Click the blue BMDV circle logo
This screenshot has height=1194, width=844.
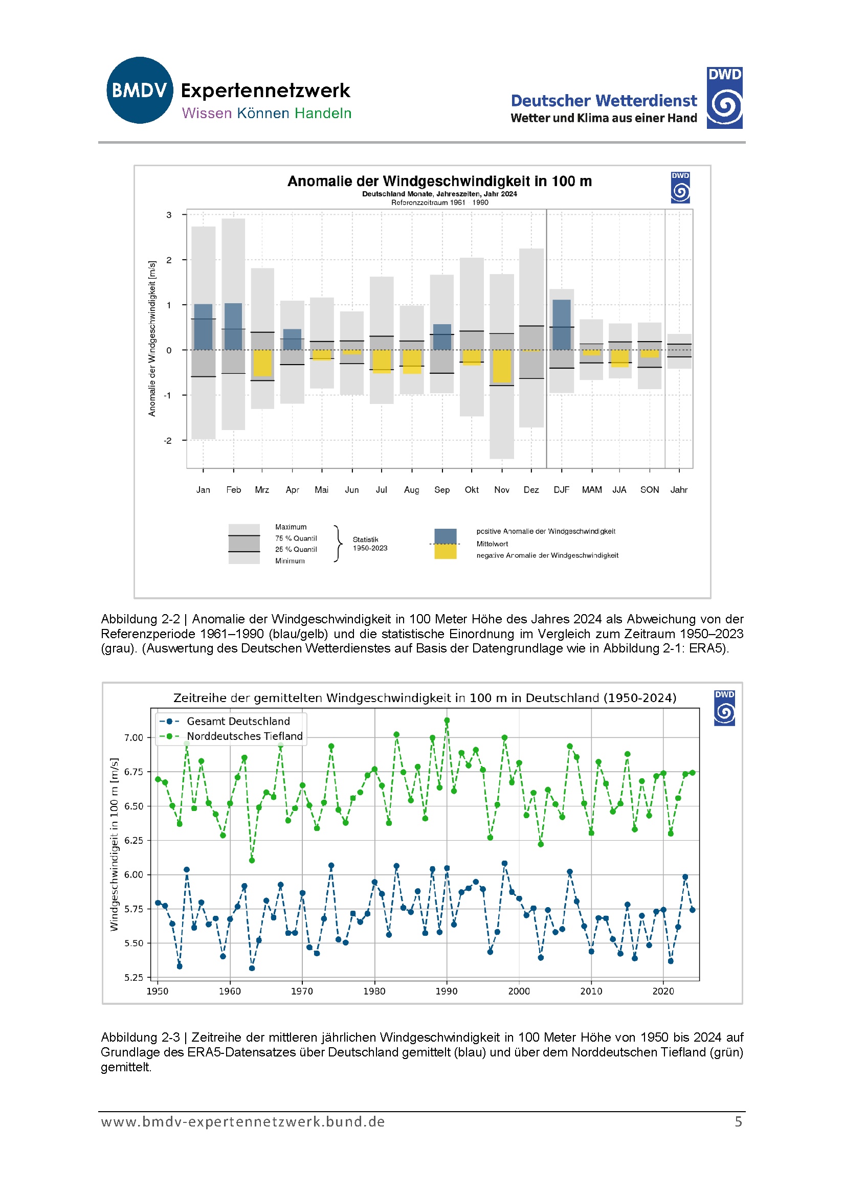140,90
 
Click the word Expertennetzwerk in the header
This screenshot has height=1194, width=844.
265,91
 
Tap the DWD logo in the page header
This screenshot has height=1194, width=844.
724,98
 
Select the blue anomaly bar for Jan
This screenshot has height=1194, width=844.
203,327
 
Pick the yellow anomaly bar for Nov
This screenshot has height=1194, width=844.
502,366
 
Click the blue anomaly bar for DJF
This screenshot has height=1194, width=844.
562,325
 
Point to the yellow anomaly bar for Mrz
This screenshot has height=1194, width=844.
262,363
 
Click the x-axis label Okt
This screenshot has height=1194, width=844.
472,490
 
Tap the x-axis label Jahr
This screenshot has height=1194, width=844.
679,490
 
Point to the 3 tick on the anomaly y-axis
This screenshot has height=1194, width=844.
169,215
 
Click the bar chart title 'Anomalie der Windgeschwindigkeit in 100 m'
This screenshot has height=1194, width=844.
439,181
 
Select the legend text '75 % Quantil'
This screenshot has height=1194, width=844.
296,538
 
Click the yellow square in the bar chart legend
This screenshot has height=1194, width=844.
446,552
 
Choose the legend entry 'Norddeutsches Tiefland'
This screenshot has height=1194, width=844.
245,736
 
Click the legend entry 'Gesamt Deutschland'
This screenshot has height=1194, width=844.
238,722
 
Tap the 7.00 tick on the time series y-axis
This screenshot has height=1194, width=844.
133,737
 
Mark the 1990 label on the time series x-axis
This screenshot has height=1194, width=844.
447,991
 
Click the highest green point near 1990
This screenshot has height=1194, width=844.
447,721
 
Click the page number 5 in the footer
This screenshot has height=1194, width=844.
738,1121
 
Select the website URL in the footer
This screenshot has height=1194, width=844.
243,1121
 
